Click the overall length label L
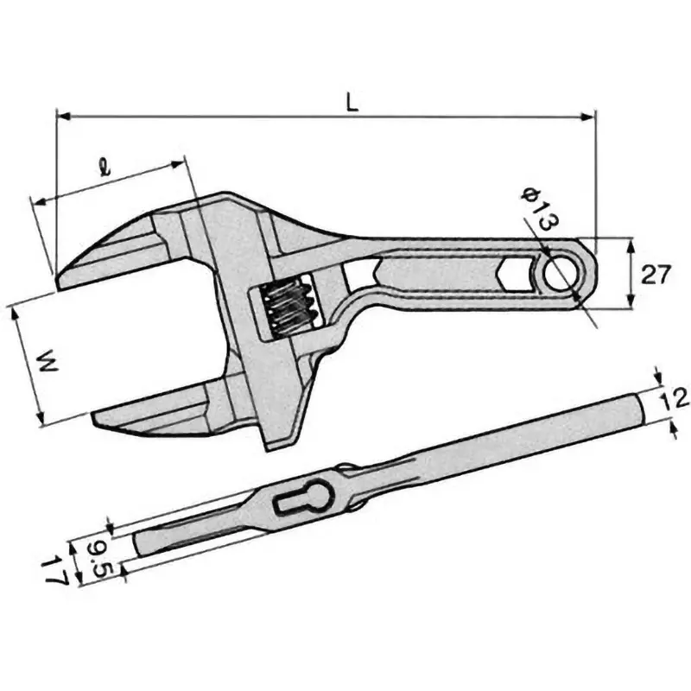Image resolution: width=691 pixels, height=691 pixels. tap(352, 101)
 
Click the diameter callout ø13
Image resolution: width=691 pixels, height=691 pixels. tap(538, 210)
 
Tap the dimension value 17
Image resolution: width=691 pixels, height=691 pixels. tap(57, 571)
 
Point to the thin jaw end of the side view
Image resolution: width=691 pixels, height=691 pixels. tap(140, 544)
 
